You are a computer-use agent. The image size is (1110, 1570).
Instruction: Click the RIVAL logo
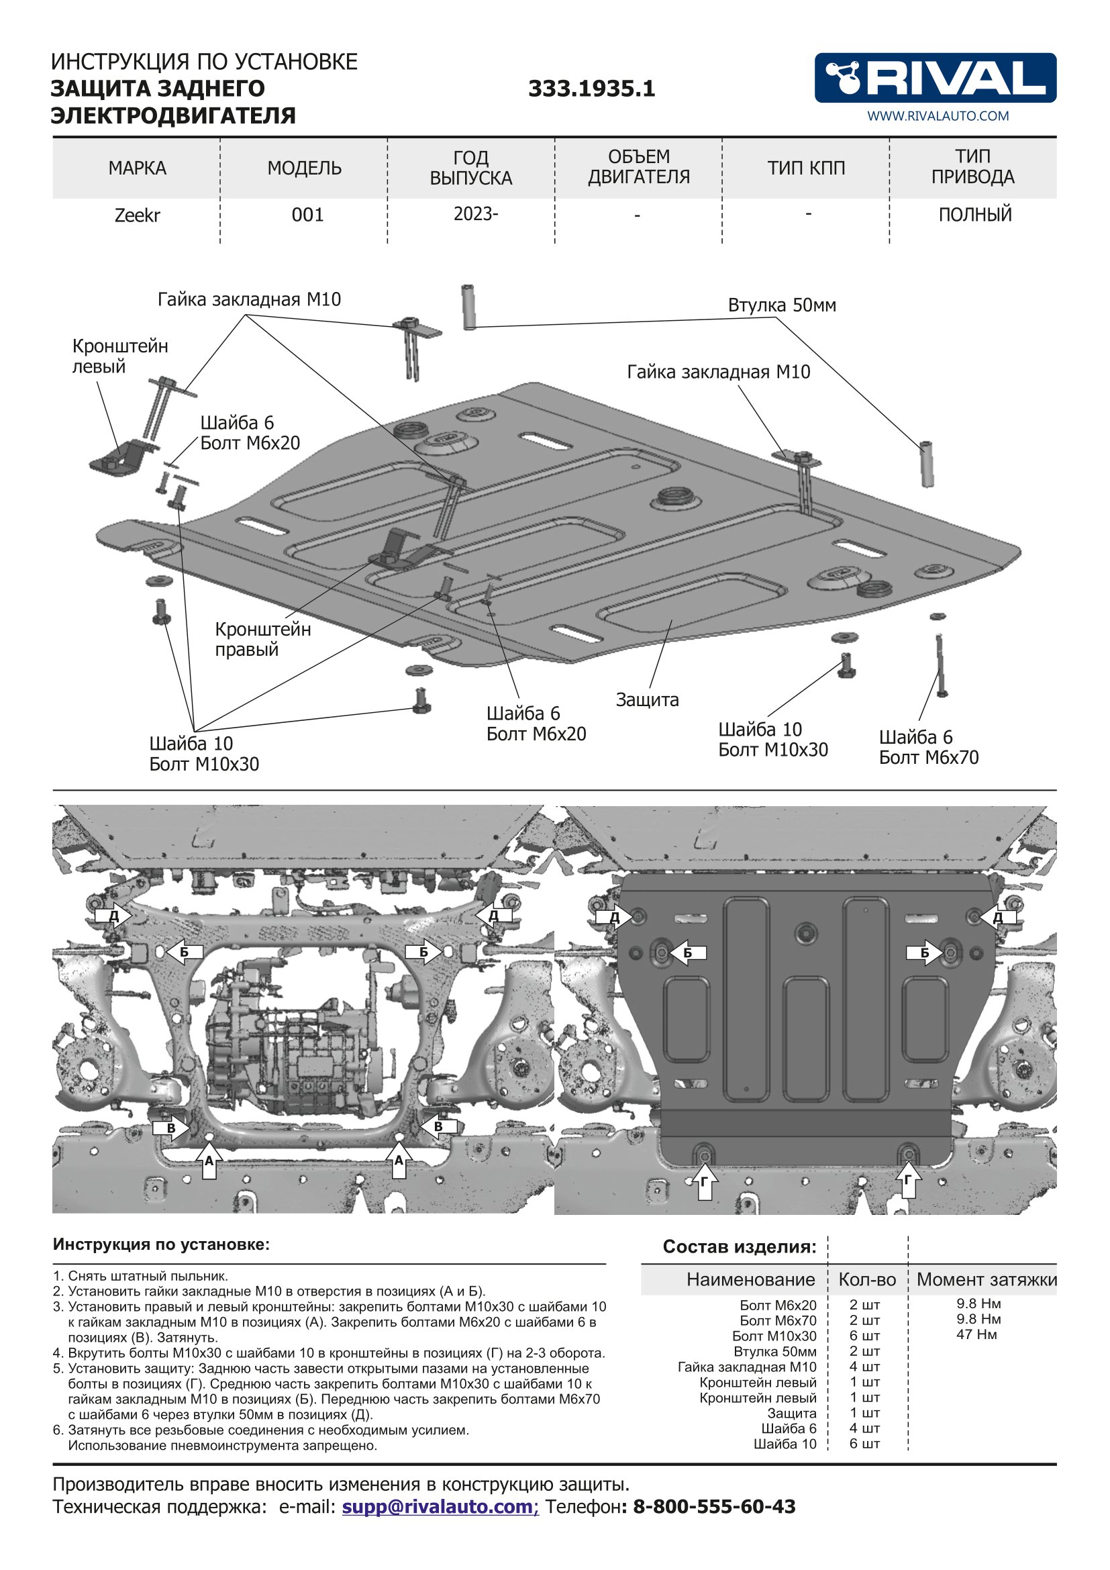(934, 77)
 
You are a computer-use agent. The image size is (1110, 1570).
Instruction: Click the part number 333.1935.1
(591, 89)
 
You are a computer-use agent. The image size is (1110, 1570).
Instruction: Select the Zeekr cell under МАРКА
(137, 215)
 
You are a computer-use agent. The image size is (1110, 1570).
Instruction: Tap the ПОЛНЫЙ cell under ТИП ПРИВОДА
(974, 215)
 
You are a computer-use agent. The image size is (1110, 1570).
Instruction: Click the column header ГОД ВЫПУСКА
(471, 168)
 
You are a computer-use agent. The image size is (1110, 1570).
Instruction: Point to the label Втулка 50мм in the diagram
(781, 305)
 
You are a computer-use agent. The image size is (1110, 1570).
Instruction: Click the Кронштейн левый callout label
(119, 356)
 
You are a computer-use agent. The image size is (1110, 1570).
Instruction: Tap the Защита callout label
(646, 699)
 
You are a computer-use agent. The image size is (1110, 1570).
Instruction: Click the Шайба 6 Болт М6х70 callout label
(928, 747)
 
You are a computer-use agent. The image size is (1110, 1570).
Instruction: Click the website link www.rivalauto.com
(938, 116)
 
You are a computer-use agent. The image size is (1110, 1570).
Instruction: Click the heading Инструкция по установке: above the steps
(161, 1244)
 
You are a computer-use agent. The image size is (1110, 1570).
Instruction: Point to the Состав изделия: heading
(739, 1246)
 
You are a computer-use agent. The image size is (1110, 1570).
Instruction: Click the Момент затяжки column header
(987, 1279)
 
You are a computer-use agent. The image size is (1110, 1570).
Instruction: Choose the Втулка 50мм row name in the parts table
(774, 1351)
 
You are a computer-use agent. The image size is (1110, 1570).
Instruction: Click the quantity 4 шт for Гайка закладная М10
(864, 1367)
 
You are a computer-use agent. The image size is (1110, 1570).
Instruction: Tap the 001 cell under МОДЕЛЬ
(307, 215)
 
